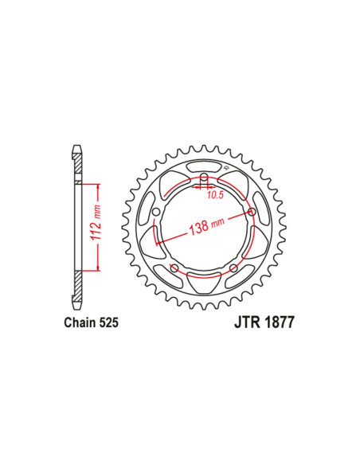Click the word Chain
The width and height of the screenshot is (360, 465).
80,323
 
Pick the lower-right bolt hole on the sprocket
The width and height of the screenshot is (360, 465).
233,268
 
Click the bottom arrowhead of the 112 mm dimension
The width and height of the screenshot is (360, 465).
98,268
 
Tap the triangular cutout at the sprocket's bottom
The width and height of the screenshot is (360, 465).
204,281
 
